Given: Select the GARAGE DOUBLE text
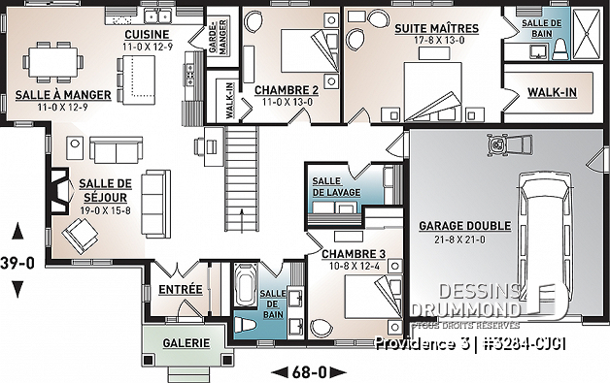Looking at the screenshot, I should (x=464, y=226).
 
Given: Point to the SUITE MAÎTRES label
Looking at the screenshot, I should (x=428, y=30).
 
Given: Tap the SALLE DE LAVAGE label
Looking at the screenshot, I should (x=333, y=186).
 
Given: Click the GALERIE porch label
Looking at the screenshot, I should (x=185, y=343).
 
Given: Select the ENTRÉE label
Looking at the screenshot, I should (x=181, y=289).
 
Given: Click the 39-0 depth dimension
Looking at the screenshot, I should (x=17, y=261).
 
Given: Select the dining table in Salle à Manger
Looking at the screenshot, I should (x=52, y=60).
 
